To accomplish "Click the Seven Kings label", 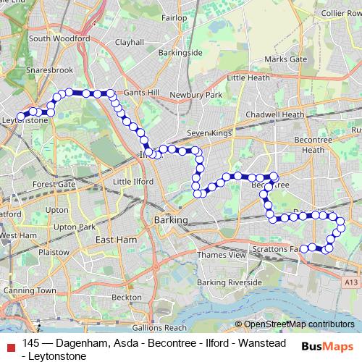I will click(x=208, y=133).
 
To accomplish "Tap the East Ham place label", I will click(x=116, y=240).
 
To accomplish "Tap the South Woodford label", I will click(x=59, y=38).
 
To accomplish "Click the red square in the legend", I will click(x=10, y=345).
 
